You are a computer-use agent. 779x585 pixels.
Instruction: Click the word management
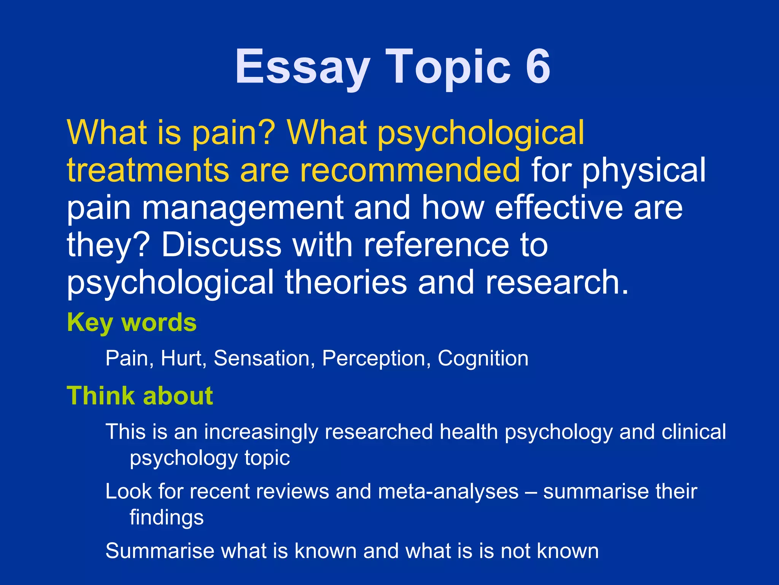coord(243,208)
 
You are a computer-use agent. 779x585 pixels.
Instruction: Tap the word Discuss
coord(221,245)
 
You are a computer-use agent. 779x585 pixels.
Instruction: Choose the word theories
coord(346,282)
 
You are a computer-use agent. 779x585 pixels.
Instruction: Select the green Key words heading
coord(132,323)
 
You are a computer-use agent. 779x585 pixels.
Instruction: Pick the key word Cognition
coord(483,358)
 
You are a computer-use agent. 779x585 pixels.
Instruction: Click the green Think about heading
coord(140,396)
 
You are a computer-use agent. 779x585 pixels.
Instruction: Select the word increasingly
coord(261,432)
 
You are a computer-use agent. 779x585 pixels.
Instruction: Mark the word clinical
coord(694,432)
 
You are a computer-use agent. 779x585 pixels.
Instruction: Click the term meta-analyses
coord(448,491)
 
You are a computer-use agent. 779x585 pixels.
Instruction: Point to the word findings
coord(167,517)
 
